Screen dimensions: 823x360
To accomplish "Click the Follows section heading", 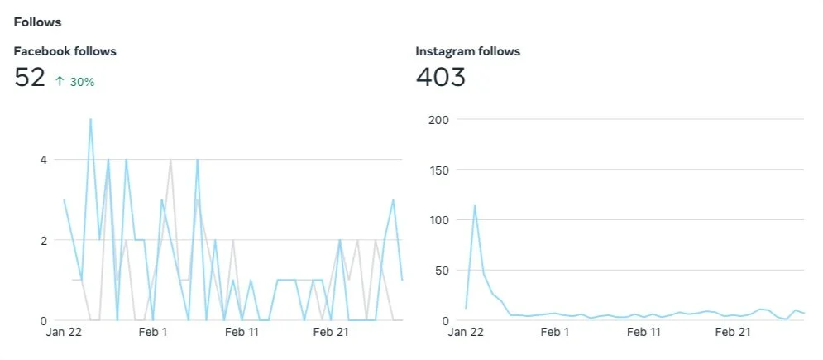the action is click(x=37, y=22).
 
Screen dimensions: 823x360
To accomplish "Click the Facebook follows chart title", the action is click(x=65, y=51).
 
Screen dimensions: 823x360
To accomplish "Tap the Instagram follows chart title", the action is click(x=467, y=51).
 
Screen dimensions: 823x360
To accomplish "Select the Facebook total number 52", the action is click(x=30, y=77).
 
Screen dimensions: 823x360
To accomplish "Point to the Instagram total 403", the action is click(x=440, y=77).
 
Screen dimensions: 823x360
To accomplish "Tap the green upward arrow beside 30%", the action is click(x=60, y=81).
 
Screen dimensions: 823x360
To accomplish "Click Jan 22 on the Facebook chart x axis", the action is click(x=64, y=332).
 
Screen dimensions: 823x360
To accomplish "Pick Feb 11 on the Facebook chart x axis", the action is click(x=242, y=332).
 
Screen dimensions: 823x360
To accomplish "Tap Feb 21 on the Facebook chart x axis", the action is click(x=331, y=332).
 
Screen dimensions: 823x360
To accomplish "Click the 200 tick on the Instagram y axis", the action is click(x=438, y=120).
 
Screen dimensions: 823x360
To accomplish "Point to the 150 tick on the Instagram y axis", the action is click(x=438, y=170).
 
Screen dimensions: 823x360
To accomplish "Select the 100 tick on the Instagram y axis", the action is click(x=438, y=220).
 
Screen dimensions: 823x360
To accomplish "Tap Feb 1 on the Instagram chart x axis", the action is click(x=555, y=332).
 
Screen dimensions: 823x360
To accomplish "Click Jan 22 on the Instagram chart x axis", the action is click(x=466, y=332).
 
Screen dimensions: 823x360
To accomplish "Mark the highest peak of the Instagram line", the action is click(x=475, y=206).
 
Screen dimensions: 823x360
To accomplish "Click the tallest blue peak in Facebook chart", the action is click(x=90, y=119).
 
